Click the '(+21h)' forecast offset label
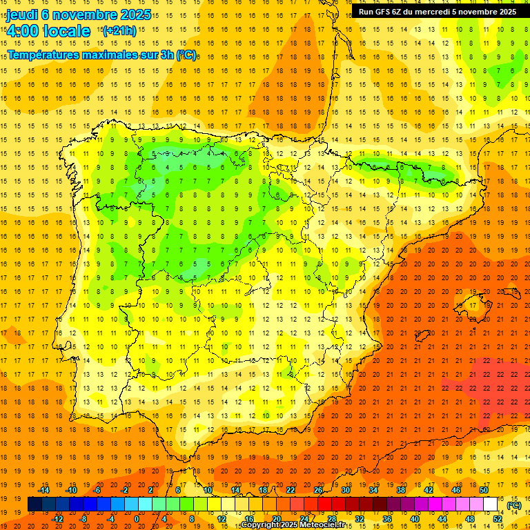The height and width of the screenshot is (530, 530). tap(119, 31)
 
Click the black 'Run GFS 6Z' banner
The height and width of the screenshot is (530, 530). tap(437, 12)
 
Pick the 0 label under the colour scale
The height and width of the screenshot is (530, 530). tap(136, 518)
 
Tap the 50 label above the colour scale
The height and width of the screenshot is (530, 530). tap(483, 490)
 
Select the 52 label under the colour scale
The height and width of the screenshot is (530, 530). tap(497, 518)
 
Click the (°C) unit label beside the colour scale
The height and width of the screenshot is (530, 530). tap(514, 504)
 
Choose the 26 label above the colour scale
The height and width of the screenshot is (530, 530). tap(317, 490)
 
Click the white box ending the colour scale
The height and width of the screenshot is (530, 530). tap(490, 504)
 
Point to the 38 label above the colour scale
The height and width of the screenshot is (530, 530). tap(400, 490)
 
